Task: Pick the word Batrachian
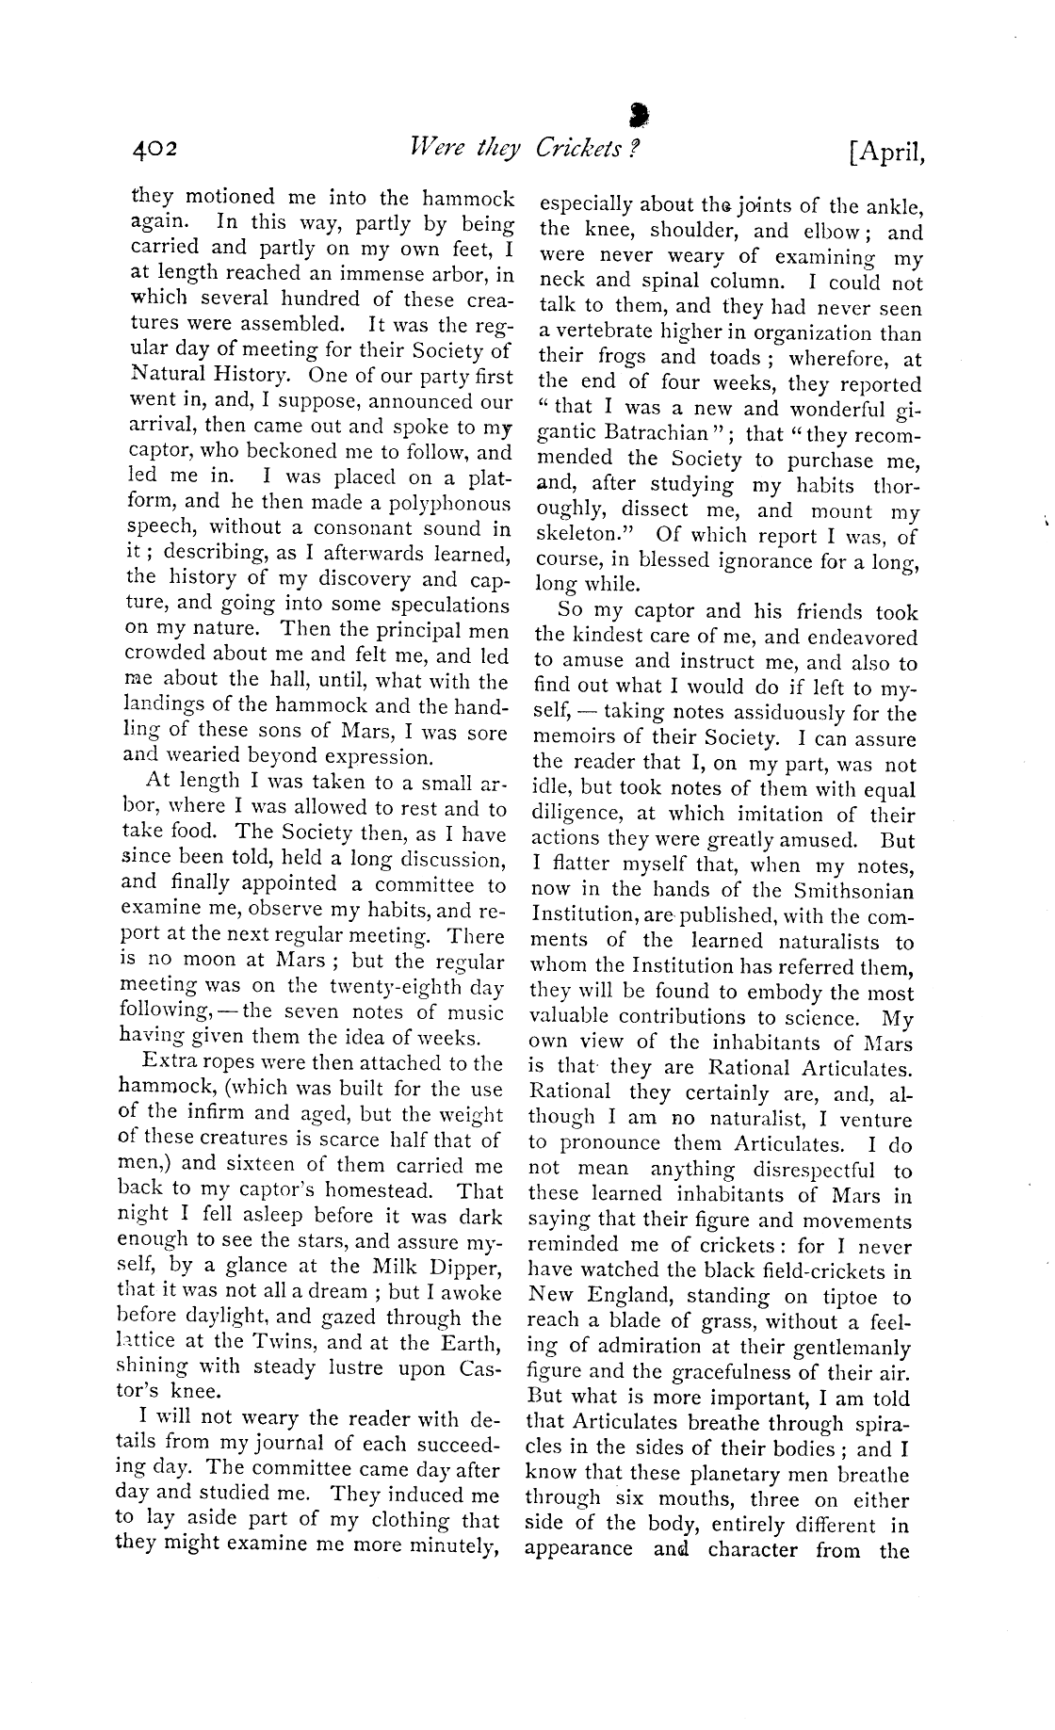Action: tap(663, 434)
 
